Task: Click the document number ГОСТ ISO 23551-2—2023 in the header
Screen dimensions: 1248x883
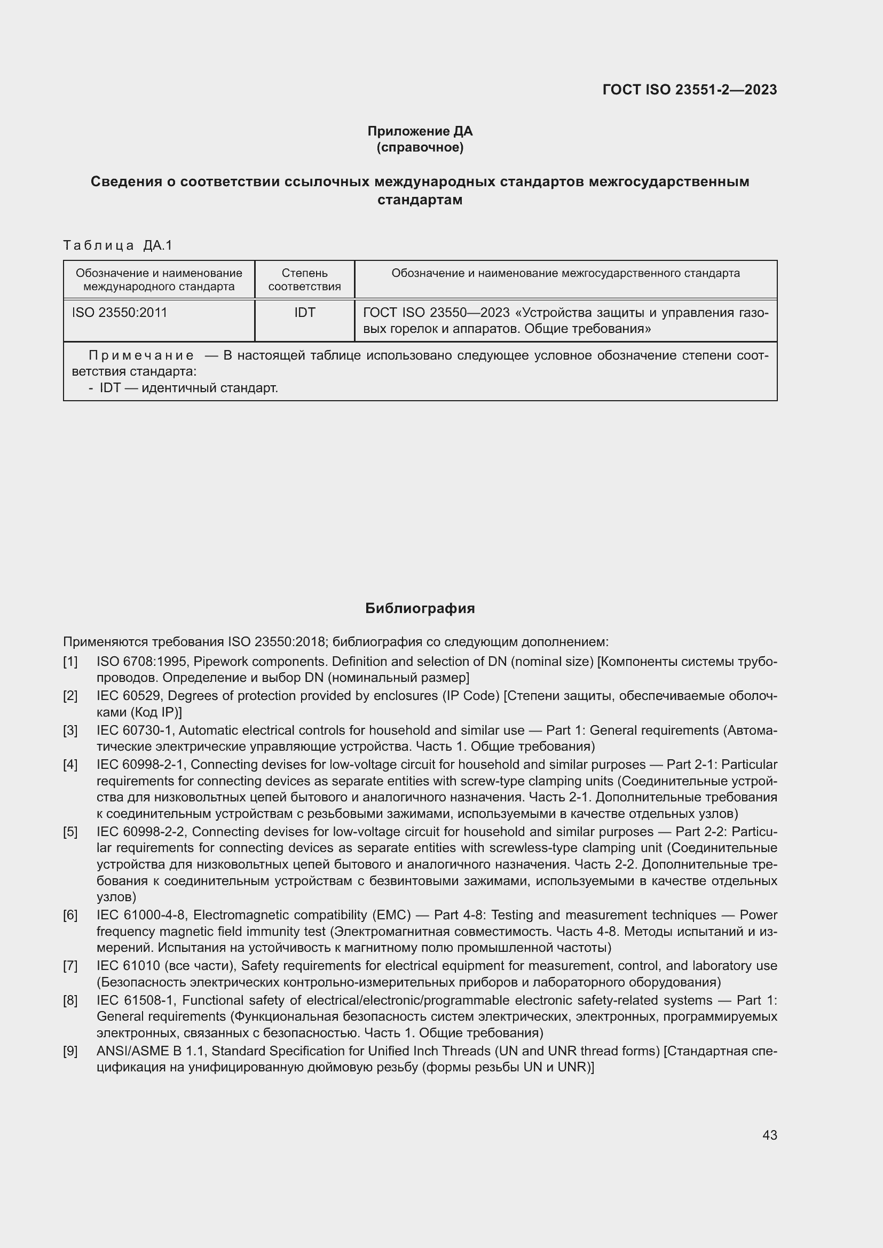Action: [x=689, y=90]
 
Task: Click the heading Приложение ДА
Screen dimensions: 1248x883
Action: [x=420, y=131]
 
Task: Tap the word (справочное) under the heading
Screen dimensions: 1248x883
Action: [x=420, y=147]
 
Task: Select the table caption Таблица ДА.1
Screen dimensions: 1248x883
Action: [x=117, y=245]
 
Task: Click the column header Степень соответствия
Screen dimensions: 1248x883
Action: [x=304, y=280]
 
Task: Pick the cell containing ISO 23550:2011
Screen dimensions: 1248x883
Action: [x=120, y=313]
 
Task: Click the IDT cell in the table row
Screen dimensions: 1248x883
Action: [x=304, y=313]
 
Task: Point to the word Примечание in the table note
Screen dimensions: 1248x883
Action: [x=141, y=355]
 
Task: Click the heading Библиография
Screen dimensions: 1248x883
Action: [x=420, y=608]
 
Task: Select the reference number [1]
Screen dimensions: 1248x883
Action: [x=70, y=662]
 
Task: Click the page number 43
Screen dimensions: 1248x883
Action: [x=769, y=1135]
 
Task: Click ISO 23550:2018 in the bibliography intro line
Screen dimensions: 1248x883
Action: [x=276, y=642]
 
